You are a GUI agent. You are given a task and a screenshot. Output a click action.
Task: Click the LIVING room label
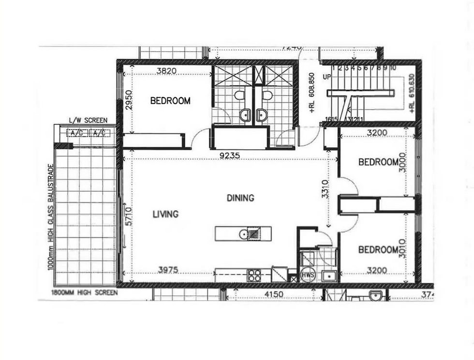(x=165, y=214)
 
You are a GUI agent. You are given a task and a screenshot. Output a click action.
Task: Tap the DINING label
(x=240, y=198)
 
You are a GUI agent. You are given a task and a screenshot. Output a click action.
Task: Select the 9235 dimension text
(x=230, y=156)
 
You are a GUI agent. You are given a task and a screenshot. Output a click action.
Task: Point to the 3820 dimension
(x=166, y=71)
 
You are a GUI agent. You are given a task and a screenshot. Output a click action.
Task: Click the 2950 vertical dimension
(x=128, y=101)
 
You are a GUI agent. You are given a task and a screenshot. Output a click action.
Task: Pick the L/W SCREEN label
(x=88, y=120)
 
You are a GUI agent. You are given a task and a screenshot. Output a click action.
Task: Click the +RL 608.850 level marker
(x=312, y=93)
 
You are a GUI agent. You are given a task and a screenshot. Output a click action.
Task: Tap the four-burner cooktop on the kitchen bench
(x=254, y=275)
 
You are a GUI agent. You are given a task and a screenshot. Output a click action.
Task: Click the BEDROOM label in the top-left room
(x=170, y=101)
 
